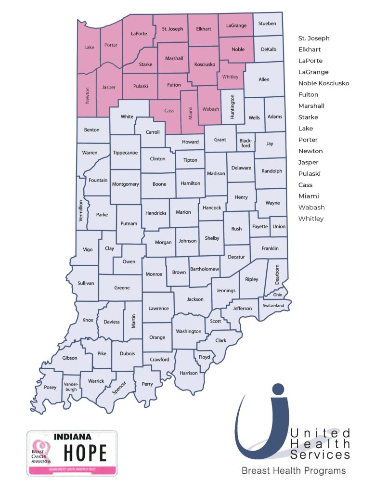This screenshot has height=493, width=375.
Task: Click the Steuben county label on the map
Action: pyautogui.click(x=268, y=23)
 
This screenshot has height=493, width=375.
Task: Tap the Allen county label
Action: pyautogui.click(x=264, y=79)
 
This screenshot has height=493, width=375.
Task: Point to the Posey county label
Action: pyautogui.click(x=50, y=387)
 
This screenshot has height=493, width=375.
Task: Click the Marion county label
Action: pyautogui.click(x=183, y=212)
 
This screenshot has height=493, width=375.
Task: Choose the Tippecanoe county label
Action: pyautogui.click(x=125, y=153)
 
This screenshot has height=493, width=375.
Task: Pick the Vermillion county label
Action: pyautogui.click(x=81, y=210)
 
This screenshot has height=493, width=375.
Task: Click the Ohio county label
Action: pyautogui.click(x=278, y=295)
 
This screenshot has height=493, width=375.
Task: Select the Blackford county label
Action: pyautogui.click(x=246, y=143)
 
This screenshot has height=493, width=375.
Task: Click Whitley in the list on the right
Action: pyautogui.click(x=311, y=219)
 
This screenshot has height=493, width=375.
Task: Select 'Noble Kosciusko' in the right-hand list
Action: pyautogui.click(x=323, y=83)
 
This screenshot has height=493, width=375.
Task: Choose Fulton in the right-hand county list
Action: pyautogui.click(x=308, y=94)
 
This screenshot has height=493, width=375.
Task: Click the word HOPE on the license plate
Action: pyautogui.click(x=86, y=453)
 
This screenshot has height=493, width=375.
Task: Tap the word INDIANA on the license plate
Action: pyautogui.click(x=72, y=437)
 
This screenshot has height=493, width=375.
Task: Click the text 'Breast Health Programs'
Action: pyautogui.click(x=294, y=470)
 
